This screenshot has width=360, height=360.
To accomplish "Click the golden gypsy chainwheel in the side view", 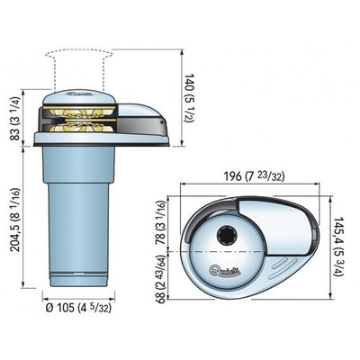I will pos(76,120).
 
